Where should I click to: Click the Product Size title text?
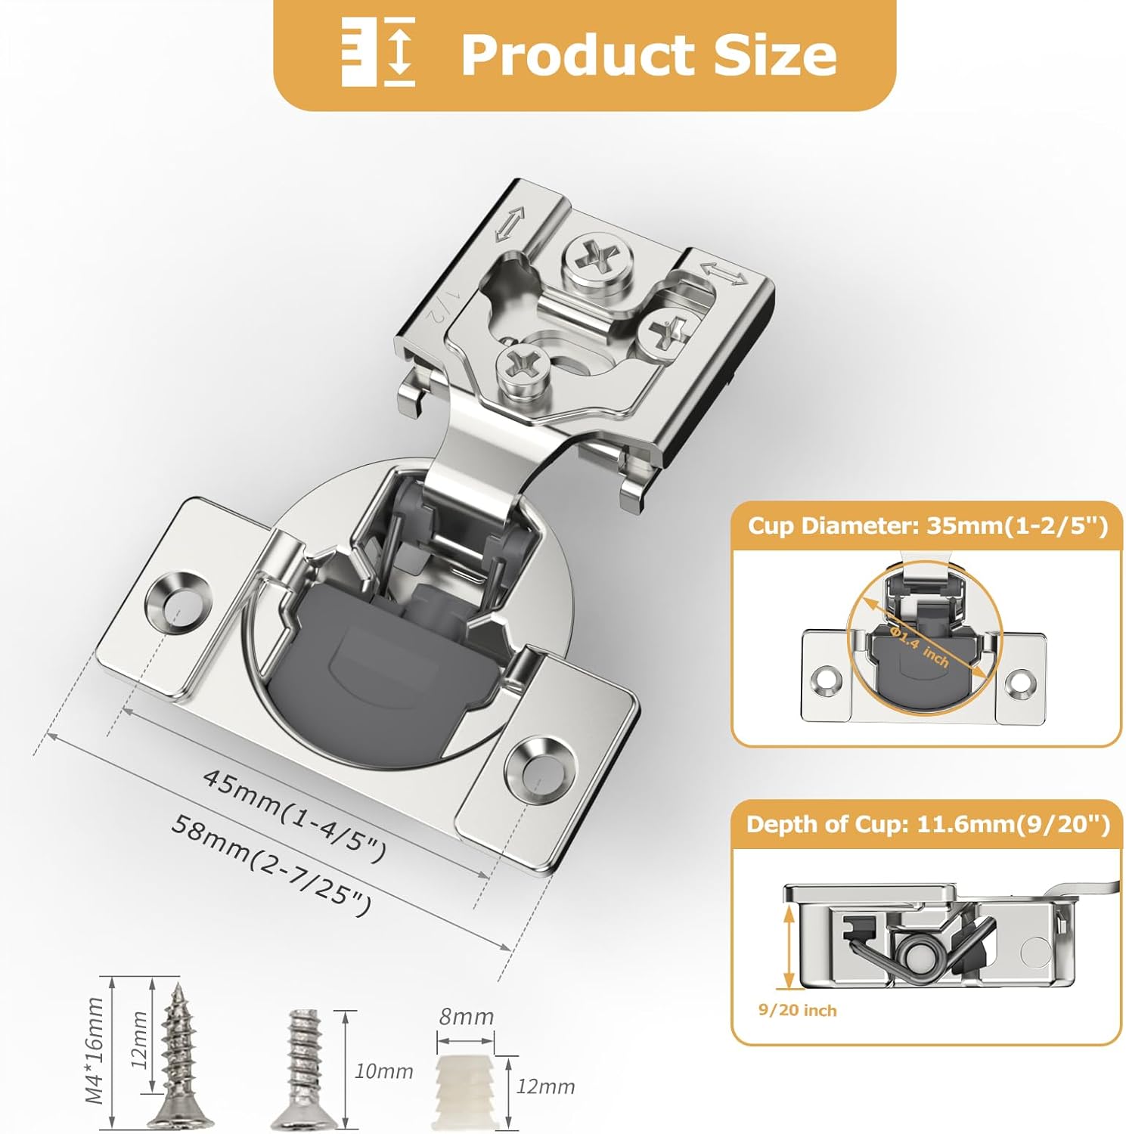coord(648,54)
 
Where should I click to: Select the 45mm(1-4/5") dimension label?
coord(295,815)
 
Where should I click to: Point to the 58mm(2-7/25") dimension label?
coord(271,864)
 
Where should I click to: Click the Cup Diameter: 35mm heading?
coord(927,525)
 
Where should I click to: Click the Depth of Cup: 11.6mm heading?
coord(927,824)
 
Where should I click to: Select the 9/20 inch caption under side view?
coord(797,1011)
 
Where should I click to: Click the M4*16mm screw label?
coord(94,1051)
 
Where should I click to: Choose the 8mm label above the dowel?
coord(466,1017)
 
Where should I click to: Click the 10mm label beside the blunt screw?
coord(383,1071)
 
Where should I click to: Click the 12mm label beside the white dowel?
coord(545,1087)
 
